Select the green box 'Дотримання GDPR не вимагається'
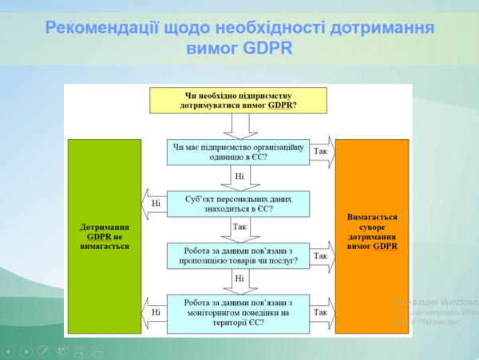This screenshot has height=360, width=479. coord(105,237)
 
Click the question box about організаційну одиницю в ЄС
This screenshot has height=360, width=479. coord(238,152)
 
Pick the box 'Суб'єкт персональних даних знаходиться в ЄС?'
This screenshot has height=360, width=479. coord(238,204)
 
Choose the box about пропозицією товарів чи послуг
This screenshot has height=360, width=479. coord(238,255)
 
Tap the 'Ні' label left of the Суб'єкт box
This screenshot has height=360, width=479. coord(156,203)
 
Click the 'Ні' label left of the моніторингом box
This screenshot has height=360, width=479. coord(156,312)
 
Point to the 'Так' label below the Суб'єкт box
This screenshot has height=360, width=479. coord(239,227)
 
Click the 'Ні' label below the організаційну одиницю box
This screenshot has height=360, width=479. coord(239,176)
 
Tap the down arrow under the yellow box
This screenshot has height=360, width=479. coord(238,125)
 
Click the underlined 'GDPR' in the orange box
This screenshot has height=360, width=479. coord(385,247)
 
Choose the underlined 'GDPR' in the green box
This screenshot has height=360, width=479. coord(99,236)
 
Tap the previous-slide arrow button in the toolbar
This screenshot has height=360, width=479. coord(10,350)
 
